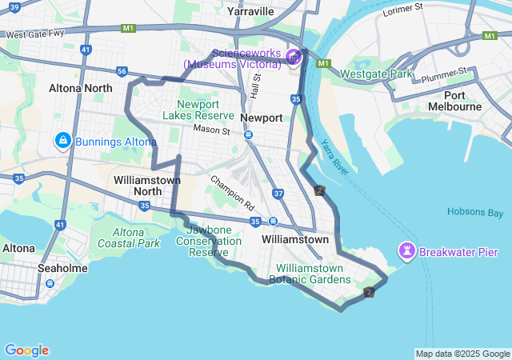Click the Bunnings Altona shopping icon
(62, 142)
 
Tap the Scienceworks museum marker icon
(293, 57)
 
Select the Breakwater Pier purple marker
(408, 253)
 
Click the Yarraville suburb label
(250, 11)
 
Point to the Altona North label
(80, 87)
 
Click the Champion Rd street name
(233, 188)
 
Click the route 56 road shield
(122, 71)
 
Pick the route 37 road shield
(278, 194)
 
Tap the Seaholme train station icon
(50, 282)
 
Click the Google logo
(26, 350)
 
